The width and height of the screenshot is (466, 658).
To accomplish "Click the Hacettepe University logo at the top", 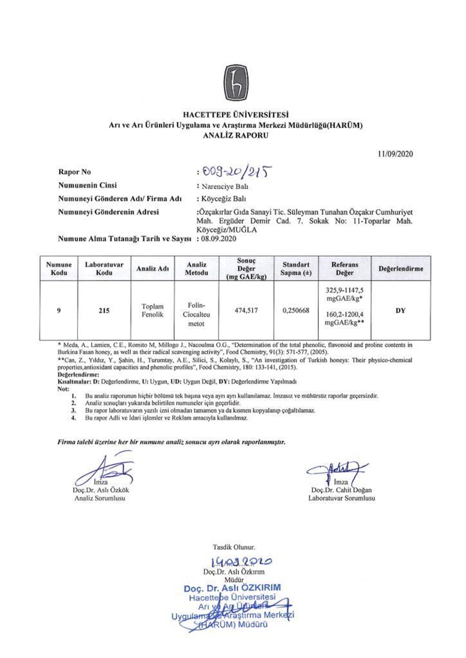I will click(235, 83).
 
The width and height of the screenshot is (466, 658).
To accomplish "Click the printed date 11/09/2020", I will click(395, 154).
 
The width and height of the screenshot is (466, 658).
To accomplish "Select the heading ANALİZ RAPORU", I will click(235, 136).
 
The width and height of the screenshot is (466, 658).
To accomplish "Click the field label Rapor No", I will click(75, 172).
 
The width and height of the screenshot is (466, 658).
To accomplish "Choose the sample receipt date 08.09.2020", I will click(219, 238).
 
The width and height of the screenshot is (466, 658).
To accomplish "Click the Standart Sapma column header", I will click(296, 269).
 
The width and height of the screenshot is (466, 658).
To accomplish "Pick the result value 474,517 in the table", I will click(246, 311).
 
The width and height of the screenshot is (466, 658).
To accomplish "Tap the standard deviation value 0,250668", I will click(296, 311).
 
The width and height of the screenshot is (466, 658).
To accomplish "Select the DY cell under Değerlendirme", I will click(400, 311).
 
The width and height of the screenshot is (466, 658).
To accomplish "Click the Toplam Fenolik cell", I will click(153, 311).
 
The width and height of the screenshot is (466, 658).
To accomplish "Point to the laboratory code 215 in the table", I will click(104, 311).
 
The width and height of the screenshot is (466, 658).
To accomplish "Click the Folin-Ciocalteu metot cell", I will click(196, 314).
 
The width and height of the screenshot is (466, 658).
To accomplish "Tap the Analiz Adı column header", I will click(153, 268).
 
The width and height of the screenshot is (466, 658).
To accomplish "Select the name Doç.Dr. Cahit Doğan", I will click(341, 490).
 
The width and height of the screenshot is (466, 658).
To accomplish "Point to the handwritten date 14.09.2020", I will click(241, 561).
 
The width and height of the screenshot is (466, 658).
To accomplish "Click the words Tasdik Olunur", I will click(234, 547).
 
